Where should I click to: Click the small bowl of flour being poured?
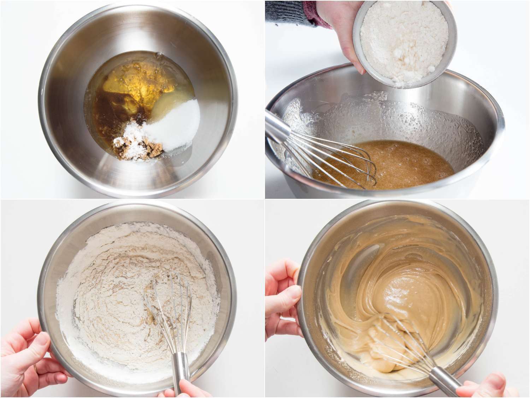coord(406,39)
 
